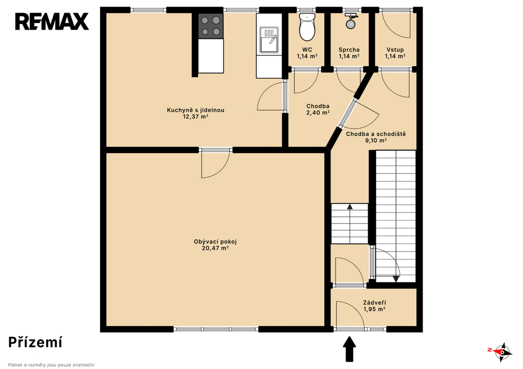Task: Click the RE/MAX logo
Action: point(52,21)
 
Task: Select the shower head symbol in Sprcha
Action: point(350,21)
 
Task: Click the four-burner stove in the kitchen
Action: point(211,26)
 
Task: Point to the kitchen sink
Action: point(269,40)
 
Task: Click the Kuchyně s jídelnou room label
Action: point(196,110)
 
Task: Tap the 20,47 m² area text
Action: point(215,249)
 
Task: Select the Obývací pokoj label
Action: point(215,242)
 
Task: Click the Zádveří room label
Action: point(374,303)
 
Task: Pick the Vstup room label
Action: point(395,50)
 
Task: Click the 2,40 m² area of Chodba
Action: point(318,113)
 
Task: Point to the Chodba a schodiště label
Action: point(376,134)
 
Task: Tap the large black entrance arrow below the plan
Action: point(349,349)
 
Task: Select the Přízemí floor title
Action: point(35,342)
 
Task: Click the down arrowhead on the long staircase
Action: point(396,279)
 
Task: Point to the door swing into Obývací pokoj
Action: point(216,165)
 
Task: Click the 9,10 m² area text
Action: point(376,141)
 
